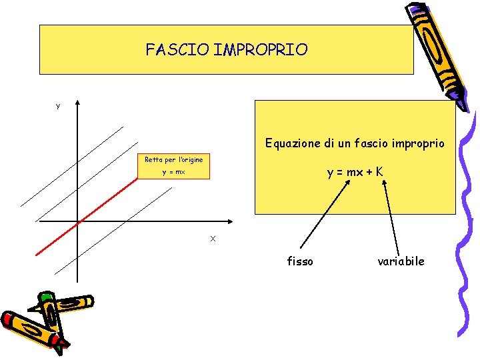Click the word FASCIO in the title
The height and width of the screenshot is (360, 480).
[x=177, y=50]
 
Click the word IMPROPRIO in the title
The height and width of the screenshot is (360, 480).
[x=261, y=50]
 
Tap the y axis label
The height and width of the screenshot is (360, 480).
[x=58, y=106]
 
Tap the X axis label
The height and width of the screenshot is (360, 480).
[x=213, y=239]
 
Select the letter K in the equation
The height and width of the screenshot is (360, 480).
[x=379, y=172]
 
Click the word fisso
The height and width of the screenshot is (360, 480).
[x=300, y=261]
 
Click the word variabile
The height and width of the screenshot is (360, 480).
[x=400, y=261]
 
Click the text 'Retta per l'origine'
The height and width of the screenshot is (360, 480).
[x=174, y=160]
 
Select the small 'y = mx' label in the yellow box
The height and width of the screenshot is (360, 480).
[x=174, y=172]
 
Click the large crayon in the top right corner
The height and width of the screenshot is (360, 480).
[x=437, y=50]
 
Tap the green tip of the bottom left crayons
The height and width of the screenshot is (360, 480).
[x=45, y=296]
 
